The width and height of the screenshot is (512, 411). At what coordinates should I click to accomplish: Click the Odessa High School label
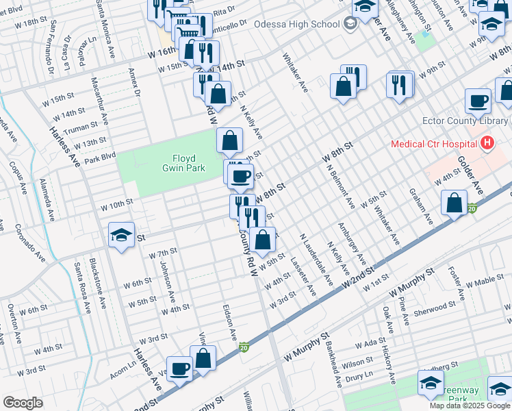click(296, 25)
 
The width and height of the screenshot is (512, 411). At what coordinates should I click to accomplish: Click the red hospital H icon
click(487, 144)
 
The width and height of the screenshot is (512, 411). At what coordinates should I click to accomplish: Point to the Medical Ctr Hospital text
click(433, 144)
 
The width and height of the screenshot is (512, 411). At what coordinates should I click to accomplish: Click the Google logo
click(23, 403)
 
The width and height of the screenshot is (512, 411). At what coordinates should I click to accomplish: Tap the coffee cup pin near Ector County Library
click(478, 101)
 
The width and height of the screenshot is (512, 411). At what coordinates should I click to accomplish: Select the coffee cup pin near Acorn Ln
click(179, 369)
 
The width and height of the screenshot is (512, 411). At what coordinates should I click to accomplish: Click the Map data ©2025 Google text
click(469, 406)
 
